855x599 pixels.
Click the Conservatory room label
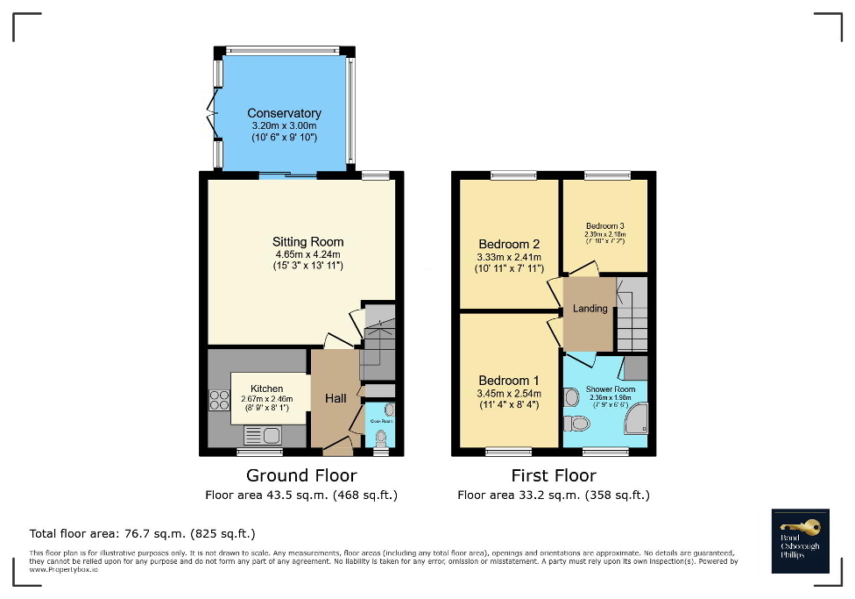(284, 113)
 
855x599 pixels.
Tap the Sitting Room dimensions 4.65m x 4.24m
(307, 254)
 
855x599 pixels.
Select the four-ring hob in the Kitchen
(217, 400)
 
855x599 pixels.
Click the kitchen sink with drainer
(261, 434)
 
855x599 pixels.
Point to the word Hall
(336, 398)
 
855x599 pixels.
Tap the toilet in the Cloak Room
(379, 437)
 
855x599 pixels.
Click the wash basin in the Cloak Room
(389, 410)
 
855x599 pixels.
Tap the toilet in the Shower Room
(579, 424)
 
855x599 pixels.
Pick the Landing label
(590, 309)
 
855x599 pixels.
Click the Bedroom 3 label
(604, 226)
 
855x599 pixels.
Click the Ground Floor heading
(301, 475)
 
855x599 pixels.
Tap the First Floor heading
(554, 475)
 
